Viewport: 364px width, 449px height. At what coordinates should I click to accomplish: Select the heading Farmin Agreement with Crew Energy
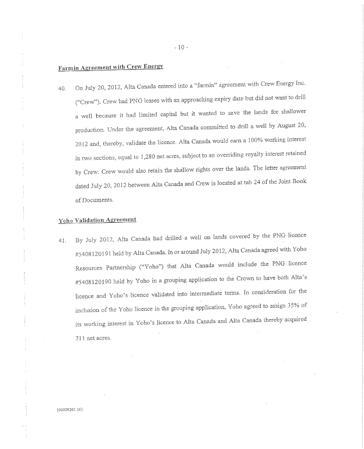110,69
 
